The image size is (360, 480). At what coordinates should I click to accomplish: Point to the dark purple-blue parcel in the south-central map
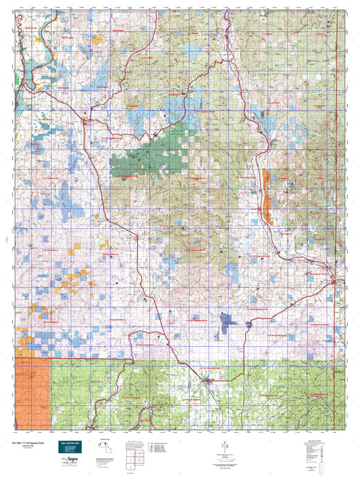tap(228, 319)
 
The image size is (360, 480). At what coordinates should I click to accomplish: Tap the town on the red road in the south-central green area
tap(209, 381)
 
